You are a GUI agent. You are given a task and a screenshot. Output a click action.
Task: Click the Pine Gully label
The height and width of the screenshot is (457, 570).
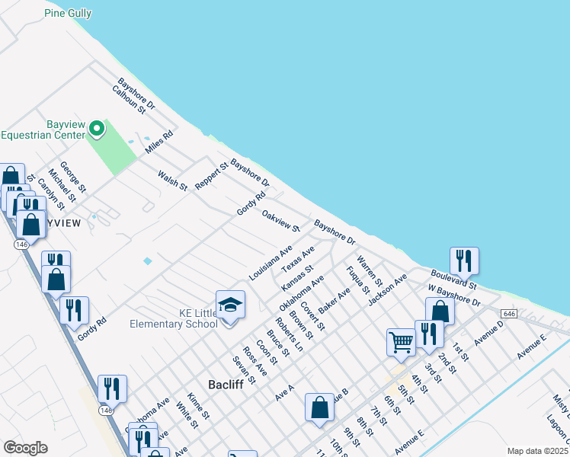click(68, 13)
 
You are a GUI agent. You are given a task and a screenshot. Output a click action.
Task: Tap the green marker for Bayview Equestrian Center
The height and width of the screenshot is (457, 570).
click(97, 129)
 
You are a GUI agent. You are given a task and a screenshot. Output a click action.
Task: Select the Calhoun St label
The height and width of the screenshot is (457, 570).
click(128, 99)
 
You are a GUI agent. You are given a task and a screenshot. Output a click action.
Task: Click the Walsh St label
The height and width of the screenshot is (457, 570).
click(172, 180)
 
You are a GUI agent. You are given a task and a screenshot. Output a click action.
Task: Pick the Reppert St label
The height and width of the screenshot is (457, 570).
click(211, 176)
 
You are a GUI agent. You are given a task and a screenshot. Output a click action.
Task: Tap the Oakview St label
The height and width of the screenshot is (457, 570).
click(280, 221)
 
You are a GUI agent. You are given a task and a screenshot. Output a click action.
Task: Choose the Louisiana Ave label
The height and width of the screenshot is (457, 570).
click(271, 262)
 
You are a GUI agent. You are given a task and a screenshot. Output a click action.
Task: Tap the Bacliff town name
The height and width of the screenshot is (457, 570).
click(226, 385)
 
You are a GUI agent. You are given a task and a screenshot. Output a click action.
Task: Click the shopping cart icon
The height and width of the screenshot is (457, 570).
click(401, 342)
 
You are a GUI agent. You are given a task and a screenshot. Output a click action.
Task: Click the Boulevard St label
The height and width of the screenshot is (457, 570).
click(453, 278)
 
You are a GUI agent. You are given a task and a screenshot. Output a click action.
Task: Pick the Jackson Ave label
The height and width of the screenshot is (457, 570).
click(386, 289)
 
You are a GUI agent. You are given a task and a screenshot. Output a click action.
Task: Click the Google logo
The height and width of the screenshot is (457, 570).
click(25, 448)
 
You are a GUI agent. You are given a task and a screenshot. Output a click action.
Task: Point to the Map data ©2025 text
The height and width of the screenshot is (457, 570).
click(538, 451)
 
